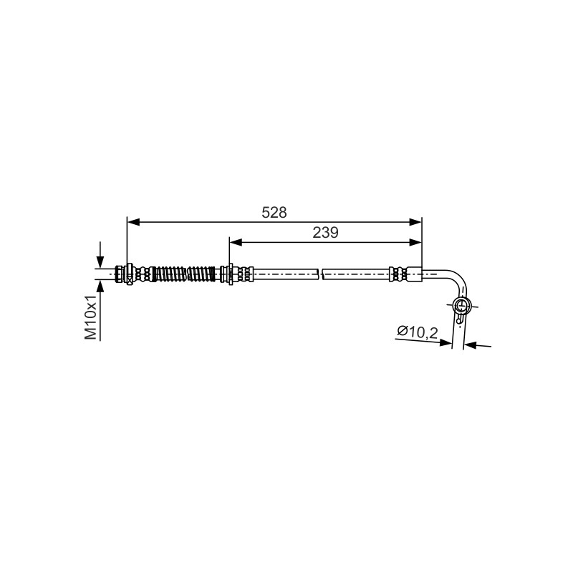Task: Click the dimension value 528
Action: pyautogui.click(x=274, y=212)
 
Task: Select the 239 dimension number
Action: pyautogui.click(x=325, y=232)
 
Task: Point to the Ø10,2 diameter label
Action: pyautogui.click(x=418, y=332)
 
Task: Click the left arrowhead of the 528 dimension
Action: pyautogui.click(x=134, y=222)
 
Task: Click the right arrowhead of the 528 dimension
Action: pyautogui.click(x=415, y=222)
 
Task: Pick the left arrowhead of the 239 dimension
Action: pyautogui.click(x=236, y=242)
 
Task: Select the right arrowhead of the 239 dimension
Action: pyautogui.click(x=415, y=242)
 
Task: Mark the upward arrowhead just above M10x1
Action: pyautogui.click(x=100, y=287)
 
